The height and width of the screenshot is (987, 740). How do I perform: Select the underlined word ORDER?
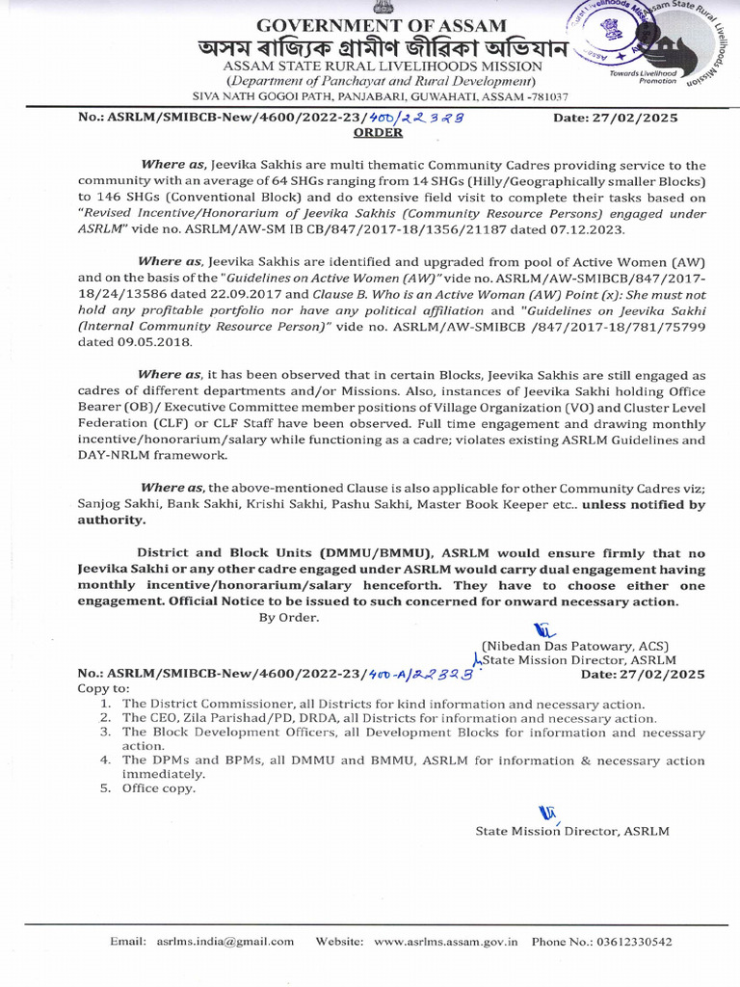point(384,134)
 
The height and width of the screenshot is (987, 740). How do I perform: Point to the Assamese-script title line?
point(383,49)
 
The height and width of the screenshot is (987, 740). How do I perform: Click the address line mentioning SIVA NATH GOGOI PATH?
point(382,97)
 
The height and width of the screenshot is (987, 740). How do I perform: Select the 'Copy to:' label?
point(103,690)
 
